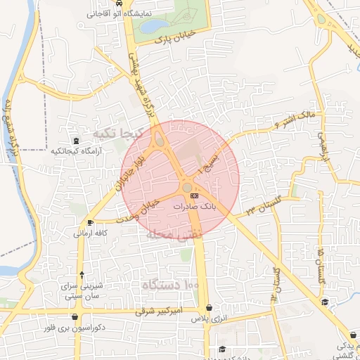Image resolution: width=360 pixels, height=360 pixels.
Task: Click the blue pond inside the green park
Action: click(x=152, y=26)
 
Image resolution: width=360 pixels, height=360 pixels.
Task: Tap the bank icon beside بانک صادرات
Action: click(x=195, y=196)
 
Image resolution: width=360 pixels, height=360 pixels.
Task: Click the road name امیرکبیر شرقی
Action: click(x=159, y=310)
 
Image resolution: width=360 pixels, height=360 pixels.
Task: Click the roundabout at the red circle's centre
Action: click(x=188, y=187)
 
